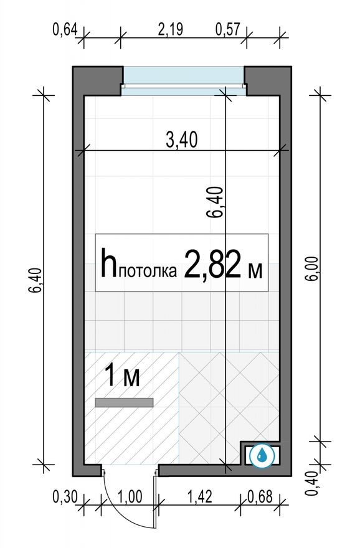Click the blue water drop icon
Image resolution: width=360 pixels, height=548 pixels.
click(x=262, y=455)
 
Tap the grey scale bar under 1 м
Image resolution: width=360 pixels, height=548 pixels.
click(x=124, y=403)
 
